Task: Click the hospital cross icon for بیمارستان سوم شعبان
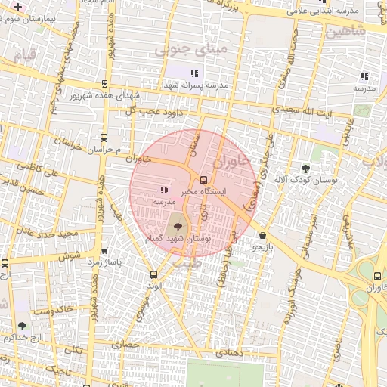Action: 17,7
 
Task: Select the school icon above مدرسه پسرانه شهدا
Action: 194,73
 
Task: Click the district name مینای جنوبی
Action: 180,51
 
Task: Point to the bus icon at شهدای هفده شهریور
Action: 104,85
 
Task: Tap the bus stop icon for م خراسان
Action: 104,138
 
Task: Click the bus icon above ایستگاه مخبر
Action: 203,179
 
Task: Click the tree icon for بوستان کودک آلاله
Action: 305,169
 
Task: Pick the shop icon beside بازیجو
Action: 262,236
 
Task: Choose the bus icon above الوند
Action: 154,274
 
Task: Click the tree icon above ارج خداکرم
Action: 21,326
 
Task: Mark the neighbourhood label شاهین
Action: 347,31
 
